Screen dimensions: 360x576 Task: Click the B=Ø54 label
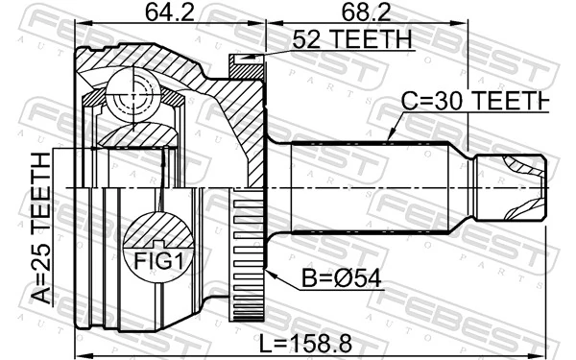pos(337,278)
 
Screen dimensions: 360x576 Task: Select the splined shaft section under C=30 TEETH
pos(365,188)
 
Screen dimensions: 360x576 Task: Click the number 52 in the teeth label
pos(304,39)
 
